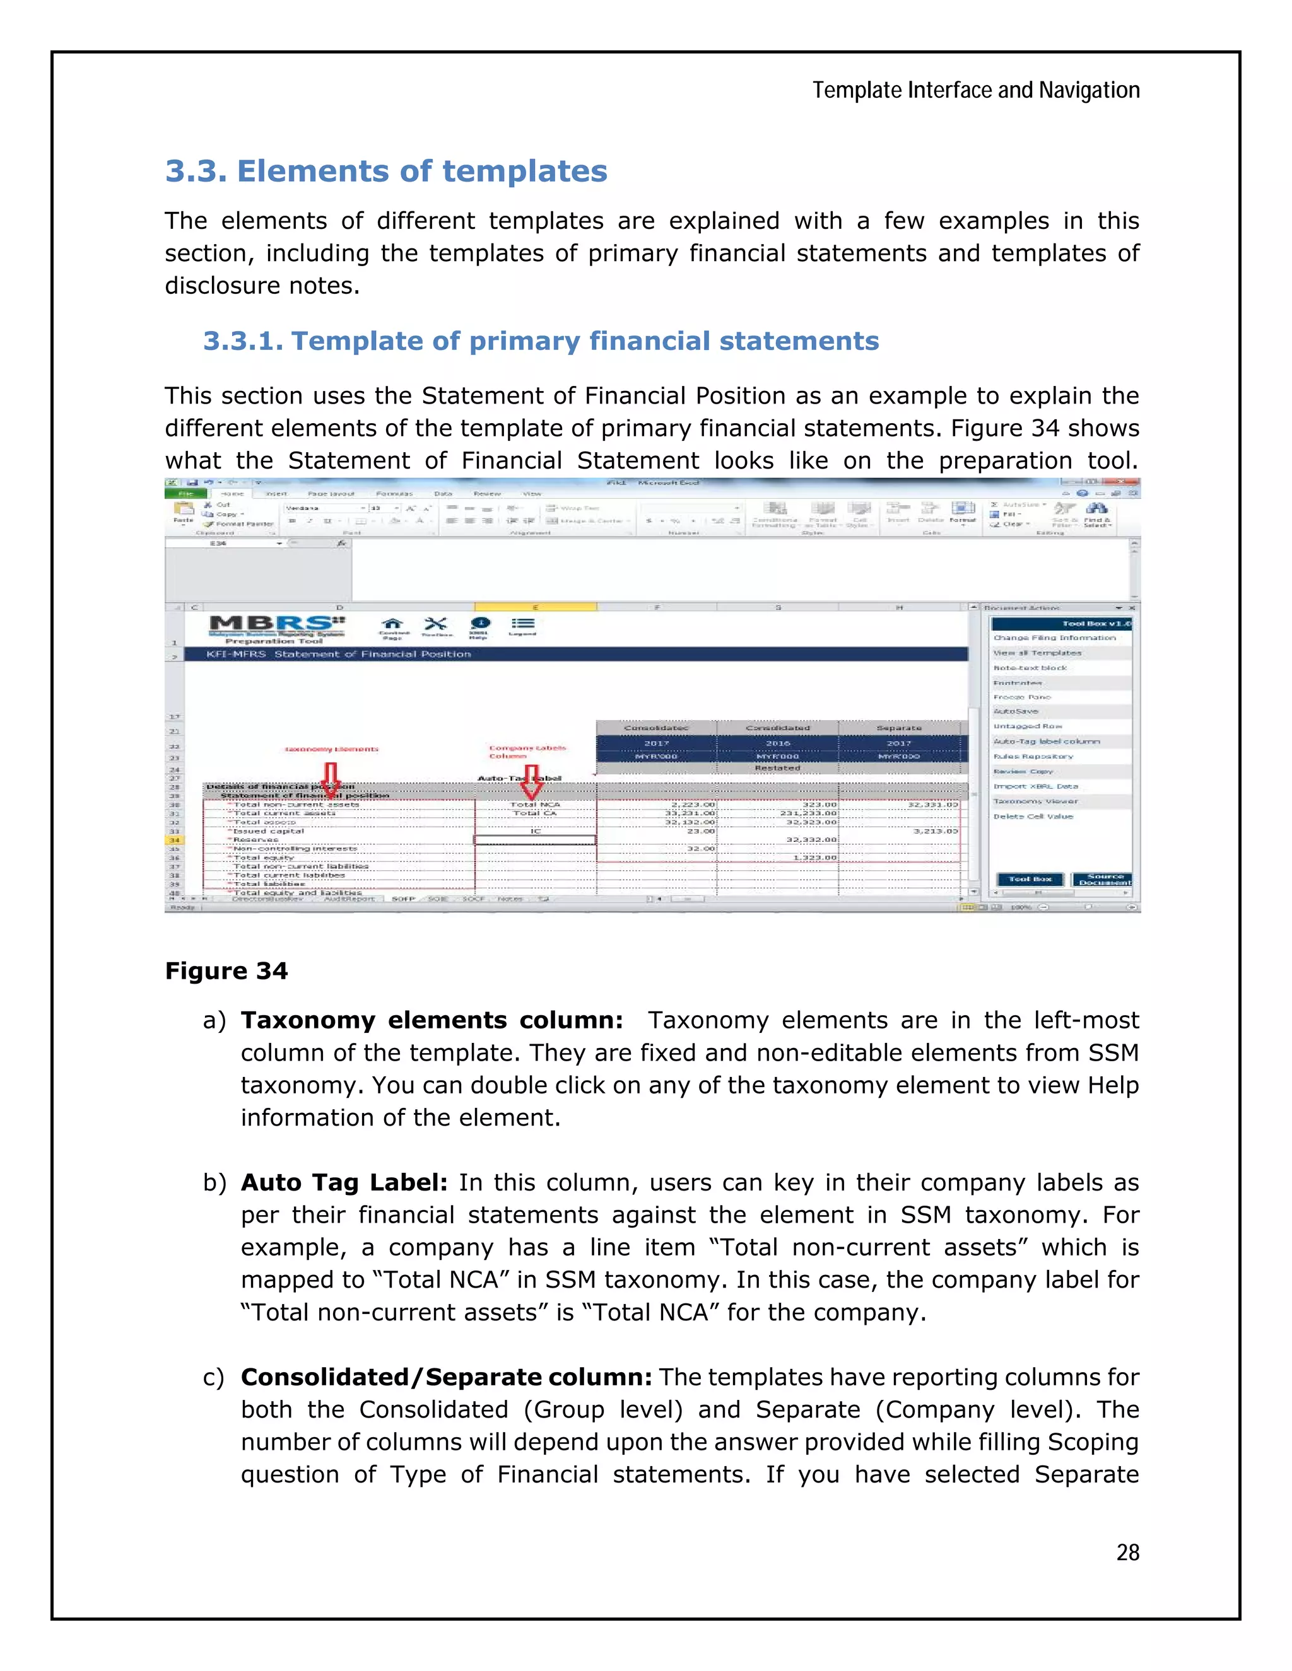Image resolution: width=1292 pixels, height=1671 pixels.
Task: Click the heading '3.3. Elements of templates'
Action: [385, 171]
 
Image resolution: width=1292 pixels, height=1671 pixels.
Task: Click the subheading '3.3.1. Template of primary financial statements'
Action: [541, 341]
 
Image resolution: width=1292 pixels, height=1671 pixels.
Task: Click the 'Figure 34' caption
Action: [226, 971]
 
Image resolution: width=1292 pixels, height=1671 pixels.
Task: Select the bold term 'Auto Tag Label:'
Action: [344, 1182]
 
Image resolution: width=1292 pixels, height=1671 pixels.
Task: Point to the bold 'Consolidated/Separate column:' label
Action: [446, 1377]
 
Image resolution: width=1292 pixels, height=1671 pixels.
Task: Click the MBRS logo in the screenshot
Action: [277, 626]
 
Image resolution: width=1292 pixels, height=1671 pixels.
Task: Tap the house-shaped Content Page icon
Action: [392, 625]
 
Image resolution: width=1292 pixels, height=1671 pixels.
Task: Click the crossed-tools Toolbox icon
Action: [435, 625]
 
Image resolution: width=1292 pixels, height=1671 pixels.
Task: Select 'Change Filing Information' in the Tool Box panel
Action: [1054, 638]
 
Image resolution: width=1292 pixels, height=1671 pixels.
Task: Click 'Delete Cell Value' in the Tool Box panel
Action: [1033, 817]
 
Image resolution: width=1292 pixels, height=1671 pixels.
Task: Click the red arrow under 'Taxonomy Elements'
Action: [331, 779]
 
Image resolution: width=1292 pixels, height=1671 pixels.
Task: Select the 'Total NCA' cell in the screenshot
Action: [535, 804]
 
